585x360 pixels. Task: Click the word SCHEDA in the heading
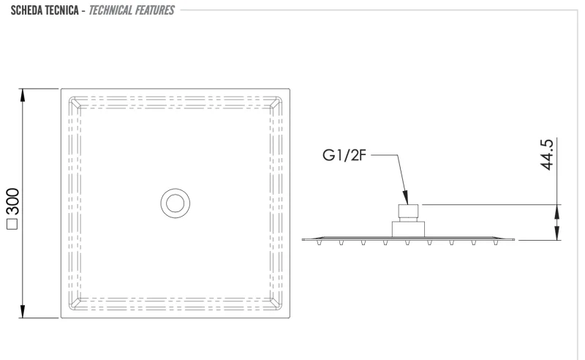(x=26, y=10)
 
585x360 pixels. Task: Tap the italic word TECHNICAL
(x=110, y=10)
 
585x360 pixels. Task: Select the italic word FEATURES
(x=154, y=10)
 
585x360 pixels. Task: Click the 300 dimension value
(x=13, y=202)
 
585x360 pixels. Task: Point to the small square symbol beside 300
(x=12, y=224)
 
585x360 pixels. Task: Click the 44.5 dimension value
(x=547, y=154)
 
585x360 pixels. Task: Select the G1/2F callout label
(x=344, y=155)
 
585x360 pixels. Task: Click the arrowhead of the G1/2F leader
(x=406, y=198)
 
